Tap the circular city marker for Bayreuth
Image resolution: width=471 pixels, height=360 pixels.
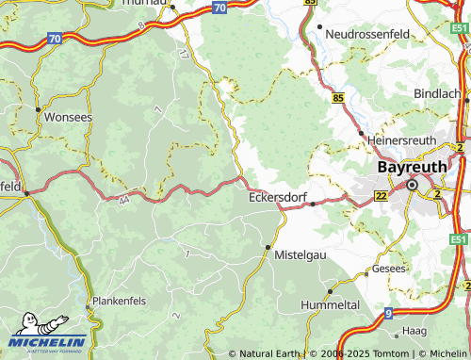tap(412, 185)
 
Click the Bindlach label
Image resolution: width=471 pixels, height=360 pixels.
tap(437, 94)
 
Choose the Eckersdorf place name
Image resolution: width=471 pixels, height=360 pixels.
tap(279, 199)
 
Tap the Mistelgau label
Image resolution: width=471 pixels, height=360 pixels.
tap(301, 254)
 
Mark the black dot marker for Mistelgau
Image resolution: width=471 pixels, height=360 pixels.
tap(268, 247)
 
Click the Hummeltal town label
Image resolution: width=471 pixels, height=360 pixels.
tap(330, 305)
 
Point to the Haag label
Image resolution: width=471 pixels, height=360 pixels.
tap(414, 332)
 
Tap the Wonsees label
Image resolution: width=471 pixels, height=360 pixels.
tap(68, 119)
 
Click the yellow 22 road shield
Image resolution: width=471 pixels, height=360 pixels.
tap(381, 195)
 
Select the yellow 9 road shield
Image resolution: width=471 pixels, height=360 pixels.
tap(388, 312)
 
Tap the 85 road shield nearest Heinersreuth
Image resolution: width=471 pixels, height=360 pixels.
tap(337, 97)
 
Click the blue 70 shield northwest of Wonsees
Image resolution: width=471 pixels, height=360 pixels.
tap(54, 39)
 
